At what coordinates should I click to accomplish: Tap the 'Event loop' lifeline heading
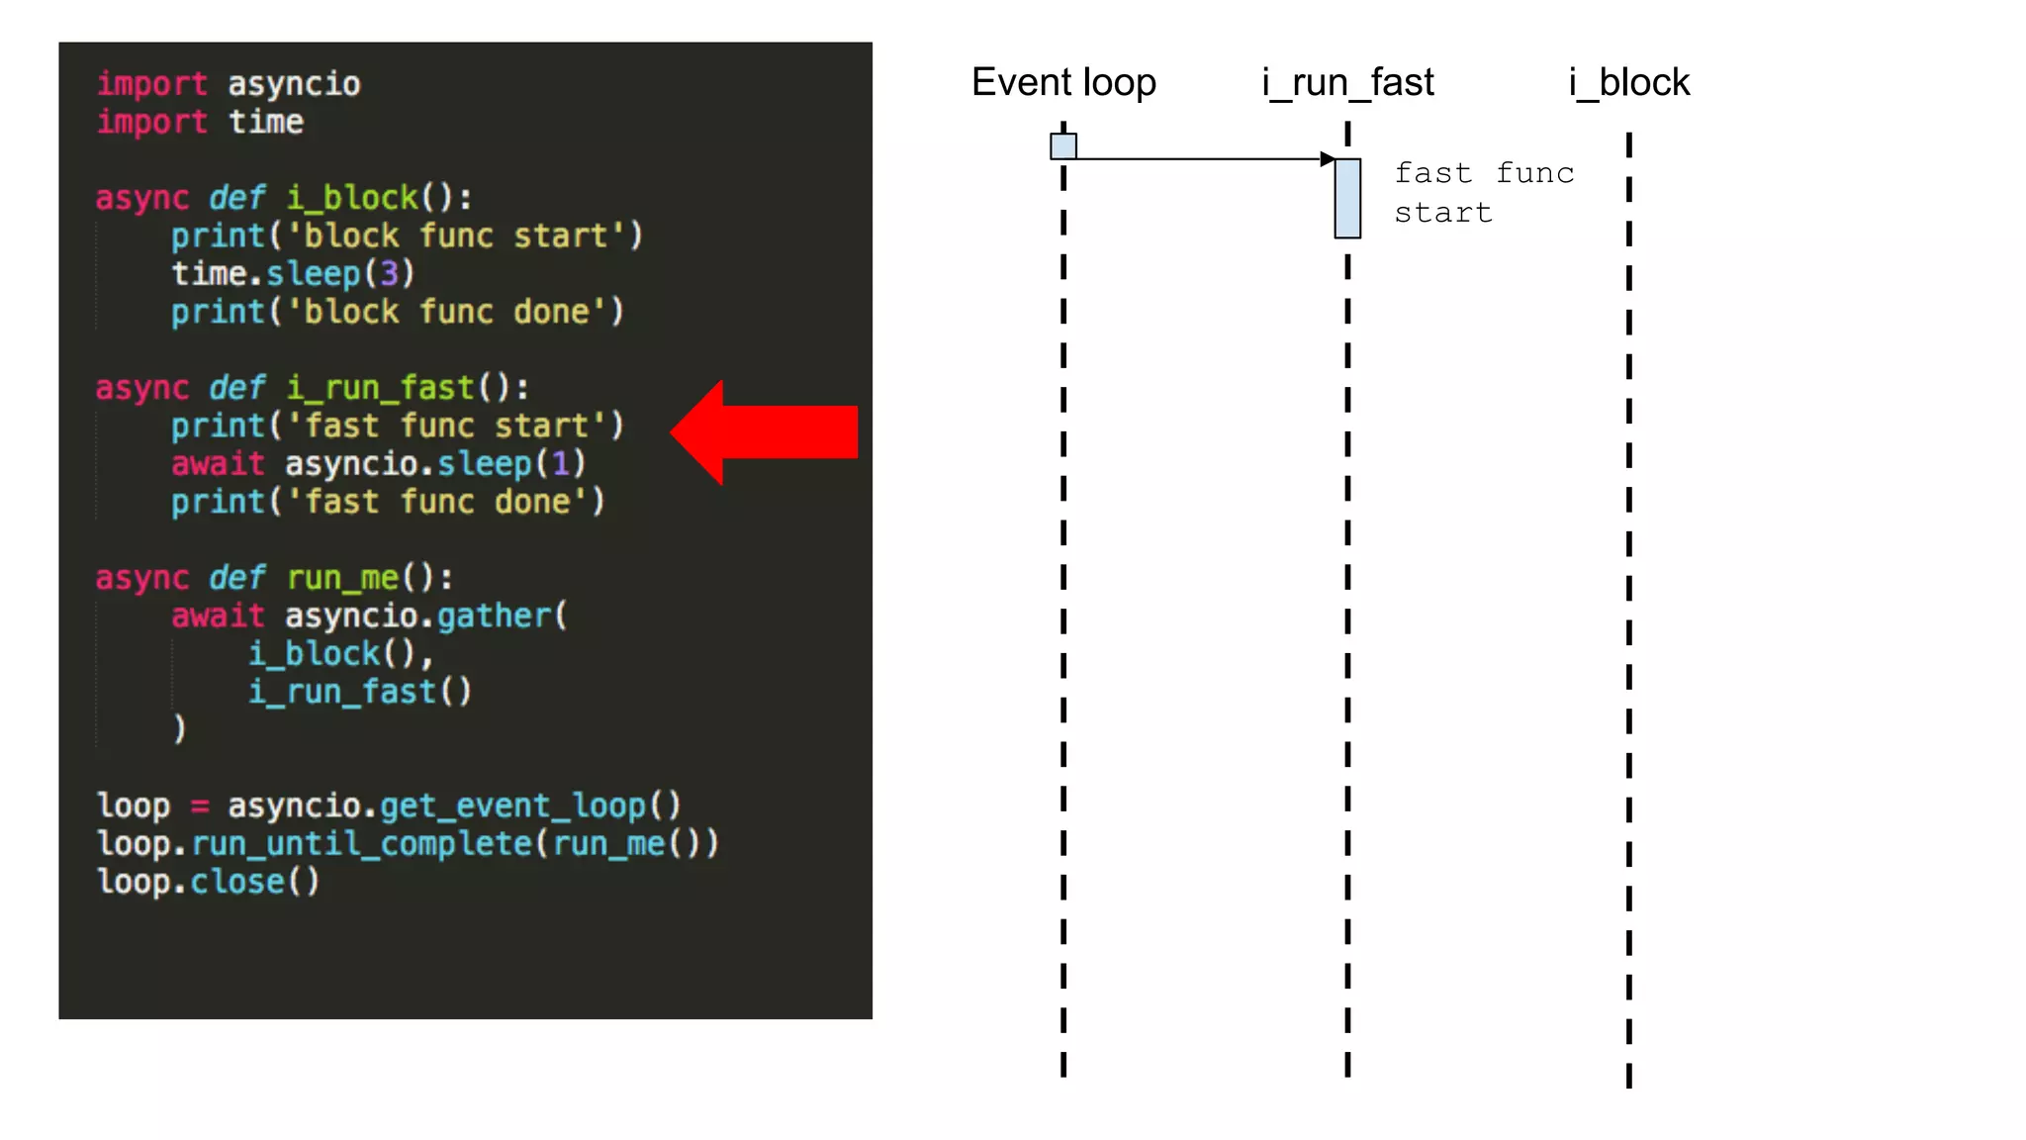1063,82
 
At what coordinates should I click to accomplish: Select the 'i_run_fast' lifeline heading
1347,82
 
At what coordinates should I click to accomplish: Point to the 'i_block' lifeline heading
1629,82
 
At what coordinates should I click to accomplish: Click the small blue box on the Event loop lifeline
1063,146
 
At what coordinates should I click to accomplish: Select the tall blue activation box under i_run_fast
1347,198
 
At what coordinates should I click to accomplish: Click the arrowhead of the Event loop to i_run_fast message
1327,158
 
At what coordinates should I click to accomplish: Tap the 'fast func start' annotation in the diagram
1483,193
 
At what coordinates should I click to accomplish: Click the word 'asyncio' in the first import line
294,84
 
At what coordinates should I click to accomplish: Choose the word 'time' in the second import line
266,122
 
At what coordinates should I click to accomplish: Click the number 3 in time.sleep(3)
390,273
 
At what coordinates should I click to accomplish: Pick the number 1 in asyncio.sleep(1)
561,463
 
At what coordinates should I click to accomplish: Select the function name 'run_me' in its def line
343,577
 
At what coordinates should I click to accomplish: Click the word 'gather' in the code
494,616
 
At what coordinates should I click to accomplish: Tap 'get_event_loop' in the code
513,806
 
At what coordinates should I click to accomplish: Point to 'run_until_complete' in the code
362,843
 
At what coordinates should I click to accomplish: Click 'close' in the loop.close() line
237,881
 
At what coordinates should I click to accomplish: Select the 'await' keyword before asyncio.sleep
218,463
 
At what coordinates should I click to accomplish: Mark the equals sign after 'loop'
200,806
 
